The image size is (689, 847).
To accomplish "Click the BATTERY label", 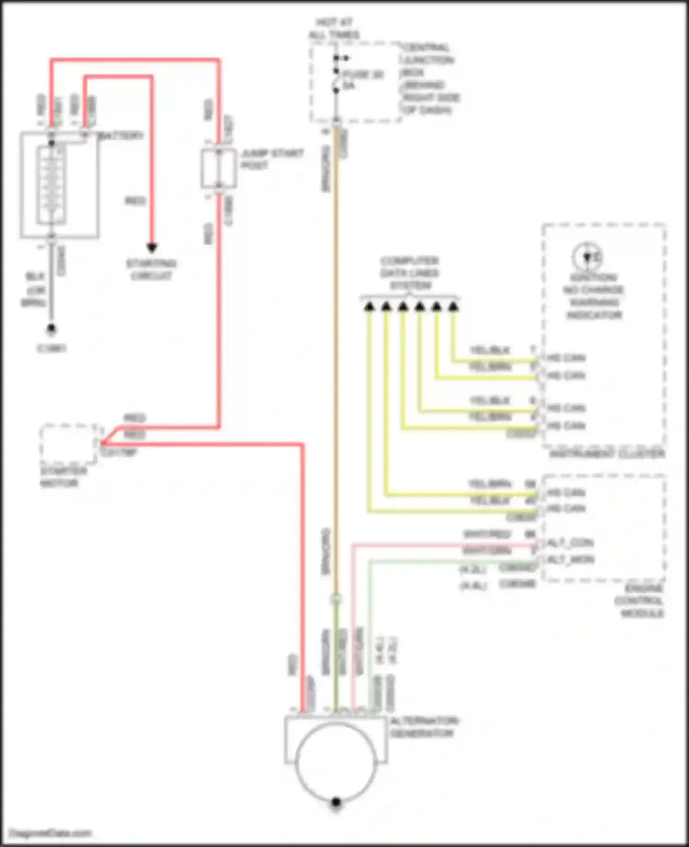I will pyautogui.click(x=121, y=136).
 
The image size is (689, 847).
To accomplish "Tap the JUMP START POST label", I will pyautogui.click(x=272, y=159).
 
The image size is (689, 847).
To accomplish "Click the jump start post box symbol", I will pyautogui.click(x=219, y=168).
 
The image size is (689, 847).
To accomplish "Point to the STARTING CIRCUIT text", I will pyautogui.click(x=151, y=270).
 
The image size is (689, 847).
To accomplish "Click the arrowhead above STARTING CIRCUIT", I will pyautogui.click(x=152, y=248).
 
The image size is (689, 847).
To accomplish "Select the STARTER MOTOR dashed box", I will pyautogui.click(x=69, y=444).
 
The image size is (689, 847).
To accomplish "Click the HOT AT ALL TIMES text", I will pyautogui.click(x=334, y=28).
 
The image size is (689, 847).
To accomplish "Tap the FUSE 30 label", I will pyautogui.click(x=363, y=74).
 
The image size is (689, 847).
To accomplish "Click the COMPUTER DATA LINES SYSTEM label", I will pyautogui.click(x=410, y=273).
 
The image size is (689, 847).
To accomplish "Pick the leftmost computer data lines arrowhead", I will pyautogui.click(x=369, y=306).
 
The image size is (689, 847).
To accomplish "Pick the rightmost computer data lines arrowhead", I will pyautogui.click(x=453, y=306).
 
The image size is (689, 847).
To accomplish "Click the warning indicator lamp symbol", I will pyautogui.click(x=587, y=256).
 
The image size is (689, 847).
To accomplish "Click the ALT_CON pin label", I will pyautogui.click(x=570, y=543).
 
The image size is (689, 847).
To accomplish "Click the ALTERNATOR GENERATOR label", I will pyautogui.click(x=424, y=727).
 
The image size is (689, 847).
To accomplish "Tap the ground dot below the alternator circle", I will pyautogui.click(x=336, y=802).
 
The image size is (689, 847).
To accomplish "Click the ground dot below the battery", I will pyautogui.click(x=51, y=329).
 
